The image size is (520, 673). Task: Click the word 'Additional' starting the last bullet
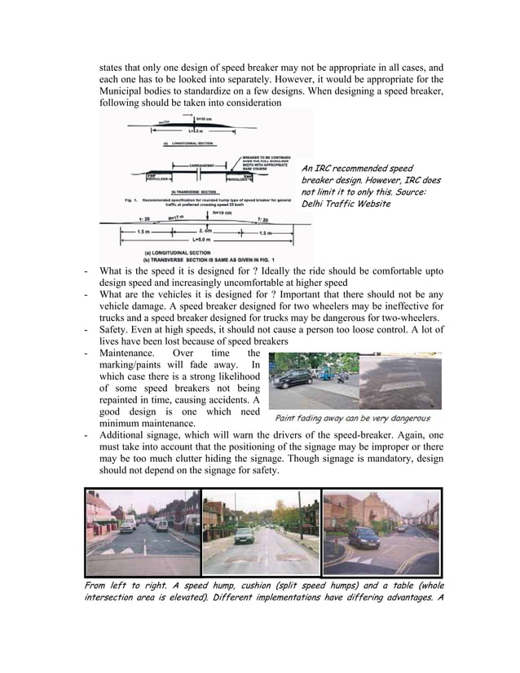coord(125,433)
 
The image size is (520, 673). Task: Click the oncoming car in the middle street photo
coord(244,534)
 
